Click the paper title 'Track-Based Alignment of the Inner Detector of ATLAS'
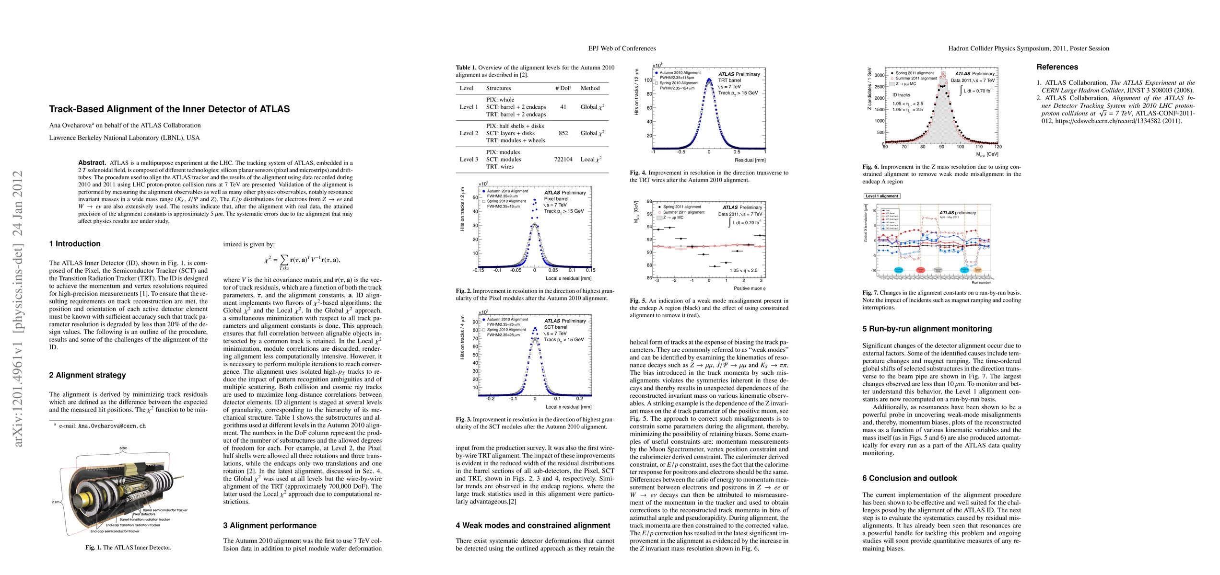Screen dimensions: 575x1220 point(169,109)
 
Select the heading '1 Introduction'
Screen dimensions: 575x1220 point(75,244)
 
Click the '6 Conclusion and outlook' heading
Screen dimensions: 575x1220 point(909,478)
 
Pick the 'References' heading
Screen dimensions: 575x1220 point(1057,67)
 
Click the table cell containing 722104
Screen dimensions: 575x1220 point(563,160)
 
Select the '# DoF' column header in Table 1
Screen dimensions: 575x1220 point(563,88)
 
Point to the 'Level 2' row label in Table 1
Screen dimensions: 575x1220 point(469,133)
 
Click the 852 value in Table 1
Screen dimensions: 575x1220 point(563,133)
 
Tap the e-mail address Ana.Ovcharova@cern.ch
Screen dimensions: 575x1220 point(102,426)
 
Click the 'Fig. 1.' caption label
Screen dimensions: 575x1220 point(94,548)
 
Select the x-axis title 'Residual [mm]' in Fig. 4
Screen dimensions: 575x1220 point(750,160)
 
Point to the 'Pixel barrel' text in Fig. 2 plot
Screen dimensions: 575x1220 point(556,199)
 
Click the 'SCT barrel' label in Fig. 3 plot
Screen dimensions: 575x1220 point(555,327)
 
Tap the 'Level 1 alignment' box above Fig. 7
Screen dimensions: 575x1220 point(881,196)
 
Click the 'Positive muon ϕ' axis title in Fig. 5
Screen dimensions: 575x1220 point(750,288)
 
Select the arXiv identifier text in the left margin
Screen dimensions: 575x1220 point(18,309)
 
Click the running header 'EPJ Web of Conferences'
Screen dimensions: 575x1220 point(622,48)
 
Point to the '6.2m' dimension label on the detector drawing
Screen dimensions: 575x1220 point(123,448)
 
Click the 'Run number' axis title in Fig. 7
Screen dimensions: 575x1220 point(981,283)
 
